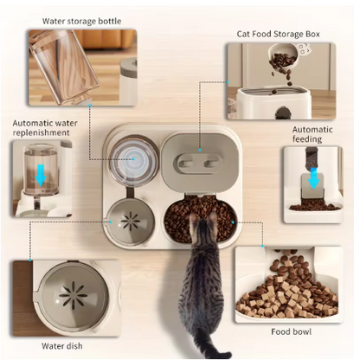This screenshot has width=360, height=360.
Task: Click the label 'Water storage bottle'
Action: click(x=81, y=21)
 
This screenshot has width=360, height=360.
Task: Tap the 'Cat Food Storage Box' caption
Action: click(x=279, y=34)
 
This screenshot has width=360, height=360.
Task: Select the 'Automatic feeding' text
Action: click(x=312, y=134)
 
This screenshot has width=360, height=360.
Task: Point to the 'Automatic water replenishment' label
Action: click(x=45, y=128)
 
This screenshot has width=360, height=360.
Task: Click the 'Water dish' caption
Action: click(x=62, y=346)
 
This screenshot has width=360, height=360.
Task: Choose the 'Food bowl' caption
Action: click(x=291, y=331)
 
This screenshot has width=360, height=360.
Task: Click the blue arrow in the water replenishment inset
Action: click(x=41, y=175)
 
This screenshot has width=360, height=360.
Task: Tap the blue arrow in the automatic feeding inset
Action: click(x=313, y=178)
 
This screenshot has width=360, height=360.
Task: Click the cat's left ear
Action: click(x=194, y=217)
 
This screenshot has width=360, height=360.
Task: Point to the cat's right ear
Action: click(x=213, y=216)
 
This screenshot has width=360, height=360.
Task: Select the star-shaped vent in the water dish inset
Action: click(x=73, y=295)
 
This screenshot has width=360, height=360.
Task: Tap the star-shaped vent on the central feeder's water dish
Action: click(x=131, y=222)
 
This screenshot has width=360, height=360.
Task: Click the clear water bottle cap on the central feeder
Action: click(x=134, y=159)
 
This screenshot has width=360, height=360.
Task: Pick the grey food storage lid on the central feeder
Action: click(x=200, y=163)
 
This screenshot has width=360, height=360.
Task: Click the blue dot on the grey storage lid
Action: click(x=200, y=150)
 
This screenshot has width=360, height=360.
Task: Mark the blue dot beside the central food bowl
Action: click(x=233, y=222)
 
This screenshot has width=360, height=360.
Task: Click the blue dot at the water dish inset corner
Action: click(x=30, y=260)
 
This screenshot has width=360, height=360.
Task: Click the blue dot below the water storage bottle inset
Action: click(x=90, y=106)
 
